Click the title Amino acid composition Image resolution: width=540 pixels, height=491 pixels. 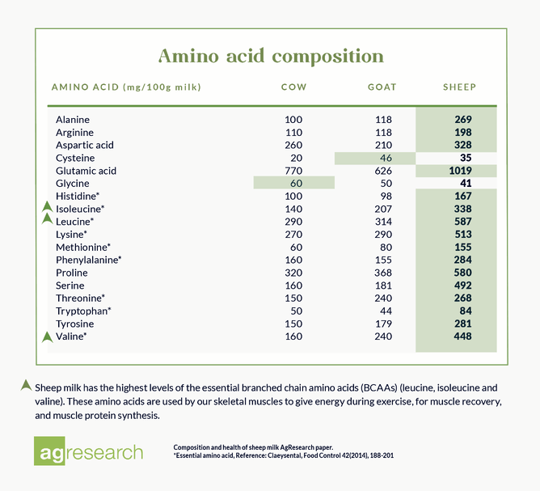coord(270,56)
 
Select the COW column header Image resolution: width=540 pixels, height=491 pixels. coord(293,87)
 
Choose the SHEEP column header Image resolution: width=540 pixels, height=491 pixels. coord(459,87)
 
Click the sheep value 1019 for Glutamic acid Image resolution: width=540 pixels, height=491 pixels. coord(462,171)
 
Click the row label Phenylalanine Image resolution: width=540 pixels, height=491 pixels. coord(88,260)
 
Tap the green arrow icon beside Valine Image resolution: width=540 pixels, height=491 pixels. coord(47,336)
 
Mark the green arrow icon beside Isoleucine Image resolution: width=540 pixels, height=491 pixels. coord(47,208)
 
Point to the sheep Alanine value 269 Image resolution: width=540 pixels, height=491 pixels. coord(462,120)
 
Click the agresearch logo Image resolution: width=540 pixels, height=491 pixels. coord(89,452)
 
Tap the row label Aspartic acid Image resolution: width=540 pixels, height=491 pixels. coord(85,145)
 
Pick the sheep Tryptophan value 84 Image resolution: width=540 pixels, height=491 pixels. coord(465,311)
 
